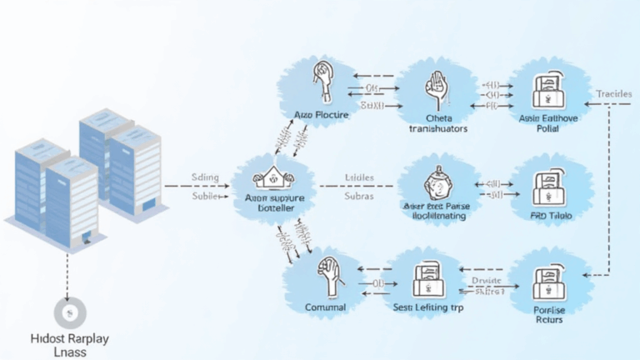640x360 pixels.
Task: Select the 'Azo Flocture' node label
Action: [321, 114]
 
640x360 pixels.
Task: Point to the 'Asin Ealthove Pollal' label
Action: [547, 123]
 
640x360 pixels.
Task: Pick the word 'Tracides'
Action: [614, 94]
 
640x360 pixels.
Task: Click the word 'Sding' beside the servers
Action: [206, 177]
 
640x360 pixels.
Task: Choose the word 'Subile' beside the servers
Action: [205, 197]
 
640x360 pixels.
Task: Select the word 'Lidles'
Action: [359, 178]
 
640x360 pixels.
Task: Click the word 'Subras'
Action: [359, 197]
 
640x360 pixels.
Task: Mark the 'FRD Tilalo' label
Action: [551, 215]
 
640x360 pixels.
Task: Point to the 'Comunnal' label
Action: [326, 307]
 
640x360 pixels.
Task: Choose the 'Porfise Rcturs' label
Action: [549, 313]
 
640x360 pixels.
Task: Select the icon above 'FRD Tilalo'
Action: [551, 186]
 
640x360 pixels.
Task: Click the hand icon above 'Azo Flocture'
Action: [321, 81]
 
